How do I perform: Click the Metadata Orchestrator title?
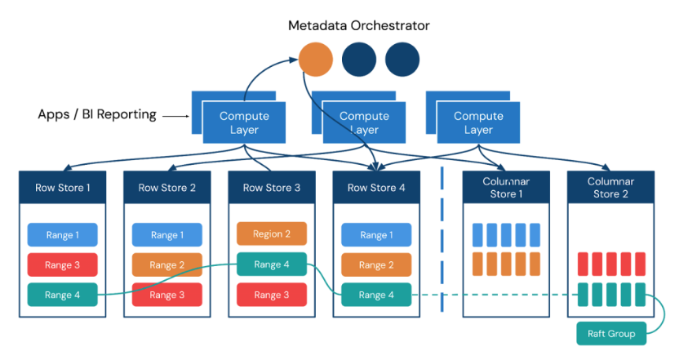[x=358, y=25]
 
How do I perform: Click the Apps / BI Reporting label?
[x=97, y=114]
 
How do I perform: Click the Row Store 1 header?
[x=63, y=188]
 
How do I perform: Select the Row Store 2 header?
[x=167, y=188]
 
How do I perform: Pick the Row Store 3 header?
[x=272, y=188]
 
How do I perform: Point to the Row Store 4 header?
[x=376, y=188]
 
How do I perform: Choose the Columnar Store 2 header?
[x=610, y=188]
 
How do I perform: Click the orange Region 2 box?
[x=272, y=233]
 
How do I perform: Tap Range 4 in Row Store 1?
[x=63, y=295]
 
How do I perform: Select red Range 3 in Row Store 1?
[x=63, y=264]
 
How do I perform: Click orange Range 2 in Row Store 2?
[x=167, y=264]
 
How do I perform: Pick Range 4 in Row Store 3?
[x=272, y=264]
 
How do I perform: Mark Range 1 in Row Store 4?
[x=376, y=235]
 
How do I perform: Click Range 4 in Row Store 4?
[x=376, y=295]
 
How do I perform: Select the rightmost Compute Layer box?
[x=478, y=123]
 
